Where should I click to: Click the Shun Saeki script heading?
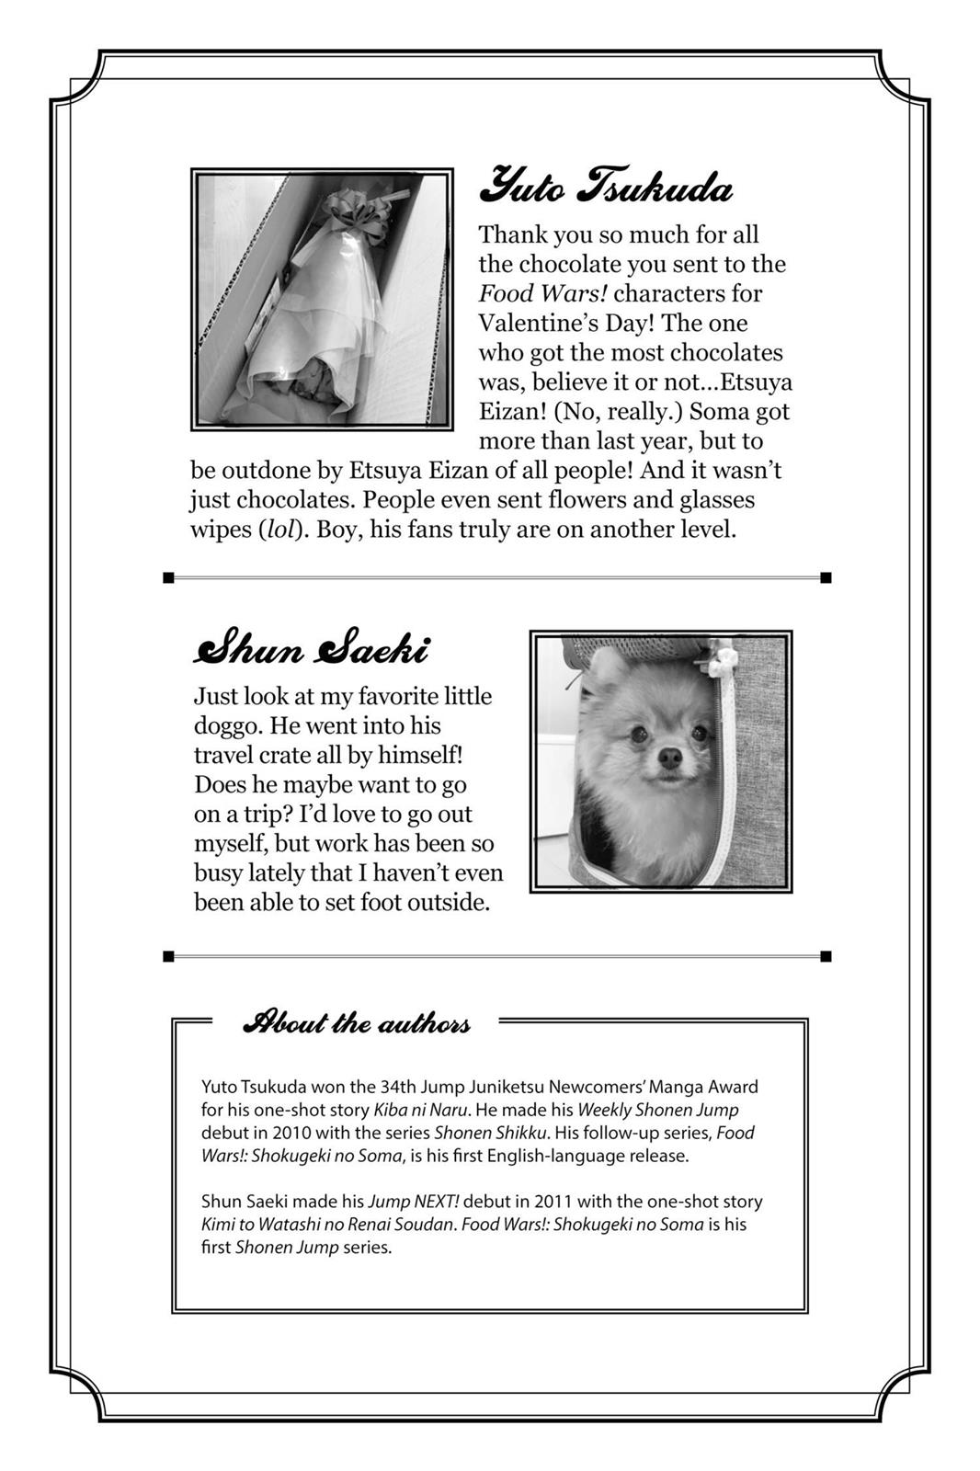(311, 649)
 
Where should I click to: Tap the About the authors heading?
(356, 1022)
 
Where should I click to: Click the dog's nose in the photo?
(670, 758)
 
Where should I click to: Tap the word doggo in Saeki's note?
(226, 725)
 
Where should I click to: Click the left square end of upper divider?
(168, 577)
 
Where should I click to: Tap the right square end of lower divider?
(826, 956)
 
